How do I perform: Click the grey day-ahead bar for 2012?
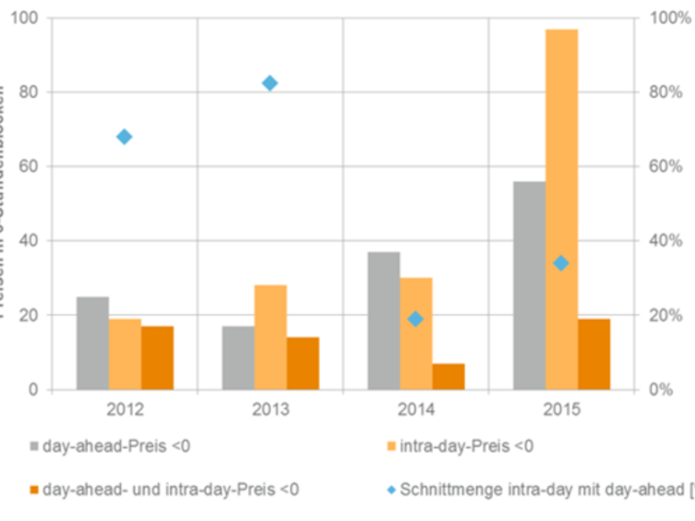pyautogui.click(x=92, y=344)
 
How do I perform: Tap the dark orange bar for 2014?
pyautogui.click(x=448, y=377)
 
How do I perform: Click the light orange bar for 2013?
pyautogui.click(x=270, y=338)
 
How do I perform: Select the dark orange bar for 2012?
pyautogui.click(x=157, y=358)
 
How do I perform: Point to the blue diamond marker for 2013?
pyautogui.click(x=270, y=83)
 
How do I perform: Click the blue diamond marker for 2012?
pyautogui.click(x=125, y=137)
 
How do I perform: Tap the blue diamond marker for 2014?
pyautogui.click(x=415, y=319)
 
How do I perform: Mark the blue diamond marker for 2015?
pyautogui.click(x=561, y=264)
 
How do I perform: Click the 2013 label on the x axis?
pyautogui.click(x=270, y=411)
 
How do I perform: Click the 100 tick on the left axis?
pyautogui.click(x=24, y=17)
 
